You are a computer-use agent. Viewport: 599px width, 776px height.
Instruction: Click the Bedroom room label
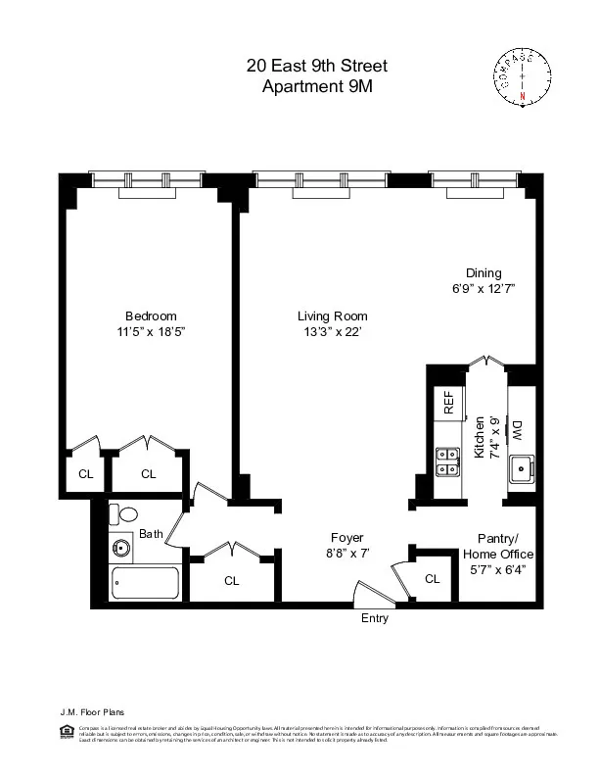[151, 315]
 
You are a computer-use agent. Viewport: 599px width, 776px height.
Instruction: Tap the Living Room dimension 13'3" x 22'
[332, 333]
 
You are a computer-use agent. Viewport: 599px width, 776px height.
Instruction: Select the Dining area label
[484, 273]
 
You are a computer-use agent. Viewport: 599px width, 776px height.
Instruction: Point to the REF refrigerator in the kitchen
[449, 404]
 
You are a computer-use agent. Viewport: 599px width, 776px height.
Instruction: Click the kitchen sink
[521, 469]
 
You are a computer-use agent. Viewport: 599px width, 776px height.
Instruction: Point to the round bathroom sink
[122, 548]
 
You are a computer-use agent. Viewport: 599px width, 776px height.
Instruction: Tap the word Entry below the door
[375, 618]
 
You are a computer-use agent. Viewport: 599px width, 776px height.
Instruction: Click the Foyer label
[346, 538]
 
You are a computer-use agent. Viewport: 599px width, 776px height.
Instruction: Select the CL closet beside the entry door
[433, 579]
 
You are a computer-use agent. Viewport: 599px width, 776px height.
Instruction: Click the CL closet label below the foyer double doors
[232, 580]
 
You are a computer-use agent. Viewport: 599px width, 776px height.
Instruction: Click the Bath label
[151, 534]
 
